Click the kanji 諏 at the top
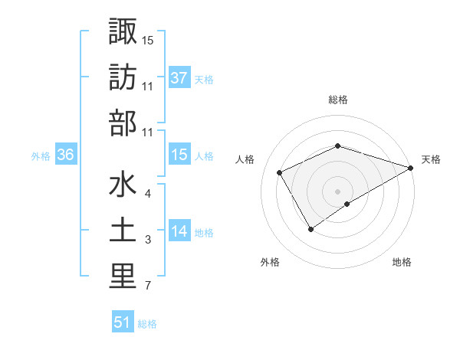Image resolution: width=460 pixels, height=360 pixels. click(x=123, y=31)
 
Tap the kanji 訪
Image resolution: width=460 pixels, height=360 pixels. click(x=123, y=77)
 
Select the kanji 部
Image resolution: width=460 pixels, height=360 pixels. click(x=123, y=122)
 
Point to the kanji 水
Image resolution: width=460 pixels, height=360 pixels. click(x=123, y=186)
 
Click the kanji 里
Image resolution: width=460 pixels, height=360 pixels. click(x=123, y=277)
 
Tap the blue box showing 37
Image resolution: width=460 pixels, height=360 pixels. click(x=179, y=77)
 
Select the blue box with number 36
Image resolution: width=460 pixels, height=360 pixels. click(x=65, y=155)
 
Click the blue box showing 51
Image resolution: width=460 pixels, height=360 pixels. click(x=123, y=322)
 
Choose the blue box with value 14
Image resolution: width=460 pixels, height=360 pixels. click(x=179, y=231)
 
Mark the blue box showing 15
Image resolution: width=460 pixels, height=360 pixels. click(x=179, y=155)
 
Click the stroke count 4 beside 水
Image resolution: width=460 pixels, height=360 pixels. click(x=148, y=194)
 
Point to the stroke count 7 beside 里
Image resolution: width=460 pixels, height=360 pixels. click(x=148, y=287)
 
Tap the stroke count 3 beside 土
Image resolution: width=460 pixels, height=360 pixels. click(x=148, y=241)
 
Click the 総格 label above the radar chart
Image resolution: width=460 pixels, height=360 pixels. click(x=338, y=100)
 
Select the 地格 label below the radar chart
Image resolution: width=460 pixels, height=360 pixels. click(x=402, y=263)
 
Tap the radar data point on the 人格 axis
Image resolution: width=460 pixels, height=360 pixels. click(x=280, y=172)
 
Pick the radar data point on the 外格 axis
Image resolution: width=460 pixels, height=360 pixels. click(x=311, y=229)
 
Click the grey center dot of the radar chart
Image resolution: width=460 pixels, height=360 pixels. click(x=338, y=190)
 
